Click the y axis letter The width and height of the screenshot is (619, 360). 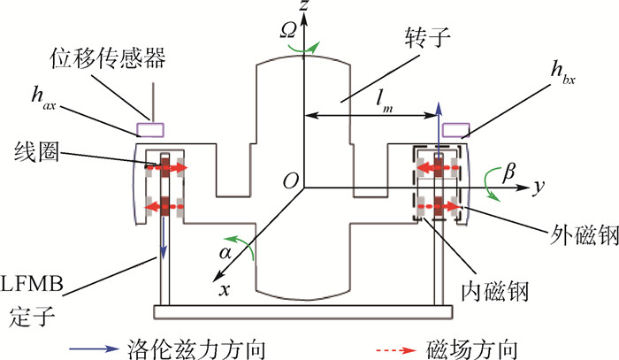538,188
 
